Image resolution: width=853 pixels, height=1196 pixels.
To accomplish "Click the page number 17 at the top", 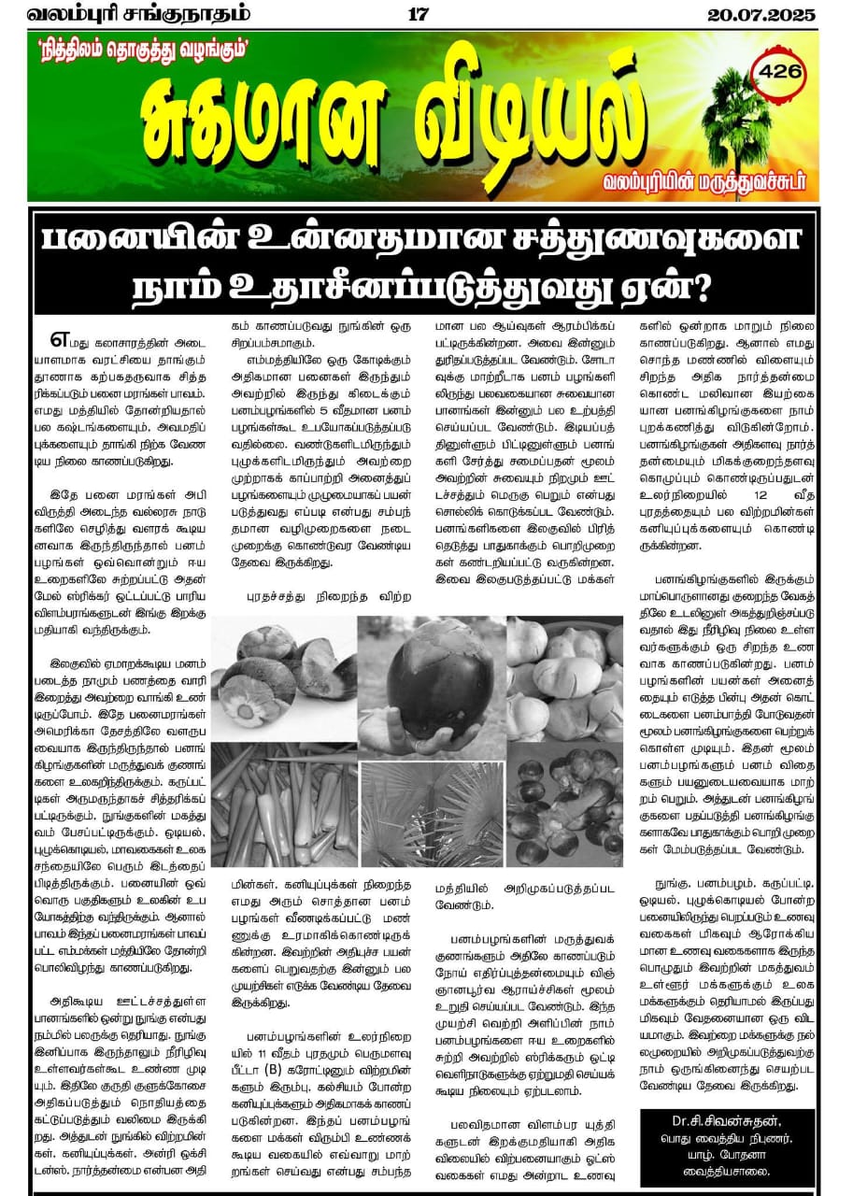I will tap(418, 14).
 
